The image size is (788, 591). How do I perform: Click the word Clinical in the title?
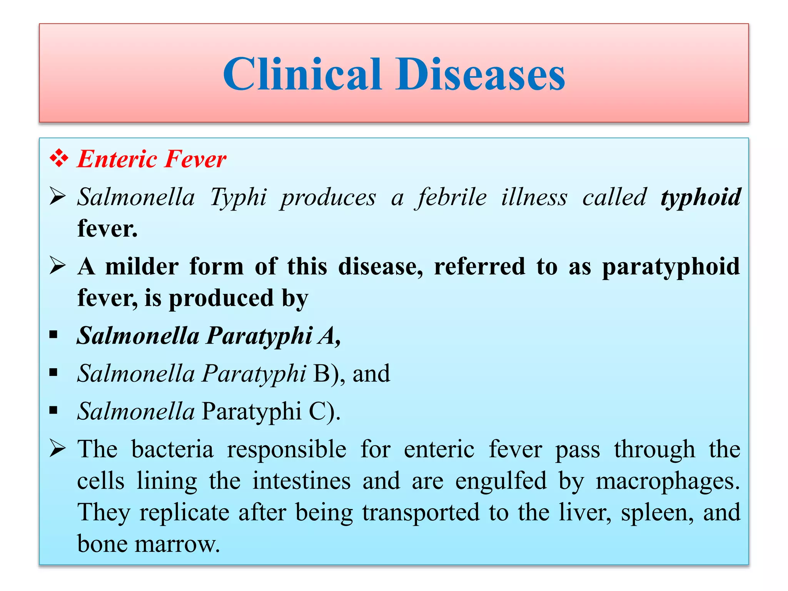(x=302, y=74)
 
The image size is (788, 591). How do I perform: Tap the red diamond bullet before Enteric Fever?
(x=59, y=159)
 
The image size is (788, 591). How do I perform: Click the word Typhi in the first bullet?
(x=238, y=198)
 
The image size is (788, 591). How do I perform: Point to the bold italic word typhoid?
(x=700, y=198)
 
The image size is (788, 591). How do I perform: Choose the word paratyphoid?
(x=671, y=267)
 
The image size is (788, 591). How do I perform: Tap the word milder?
(x=142, y=266)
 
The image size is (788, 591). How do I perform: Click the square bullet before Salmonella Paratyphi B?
(x=53, y=372)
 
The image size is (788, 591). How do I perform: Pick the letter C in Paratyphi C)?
(x=317, y=411)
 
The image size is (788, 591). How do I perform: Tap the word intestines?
(x=301, y=481)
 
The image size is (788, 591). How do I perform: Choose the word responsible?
(x=286, y=449)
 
